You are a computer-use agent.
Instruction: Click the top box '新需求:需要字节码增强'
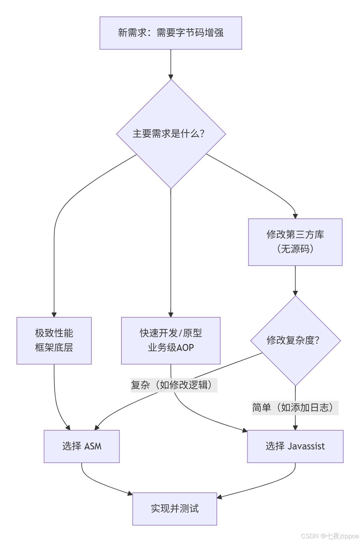(171, 33)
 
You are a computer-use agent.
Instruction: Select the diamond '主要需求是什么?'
(171, 134)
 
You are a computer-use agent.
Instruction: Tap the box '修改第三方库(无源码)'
(295, 242)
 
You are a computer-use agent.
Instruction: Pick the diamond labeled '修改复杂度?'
(295, 340)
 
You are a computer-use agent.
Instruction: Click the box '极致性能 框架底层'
(54, 340)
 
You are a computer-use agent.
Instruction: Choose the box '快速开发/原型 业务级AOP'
(171, 340)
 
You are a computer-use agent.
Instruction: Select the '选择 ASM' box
(82, 446)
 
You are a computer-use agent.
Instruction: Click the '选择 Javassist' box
(295, 446)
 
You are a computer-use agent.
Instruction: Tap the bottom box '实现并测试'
(175, 509)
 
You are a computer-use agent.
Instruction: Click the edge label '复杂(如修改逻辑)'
(174, 385)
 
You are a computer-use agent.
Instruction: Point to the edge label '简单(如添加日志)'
(295, 408)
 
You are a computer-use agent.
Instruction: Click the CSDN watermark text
(330, 536)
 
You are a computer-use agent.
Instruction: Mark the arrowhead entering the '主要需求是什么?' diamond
(171, 77)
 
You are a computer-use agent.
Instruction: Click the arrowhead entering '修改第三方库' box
(295, 216)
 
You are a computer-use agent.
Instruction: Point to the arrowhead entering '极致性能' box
(54, 315)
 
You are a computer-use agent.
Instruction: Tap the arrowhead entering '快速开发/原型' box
(171, 315)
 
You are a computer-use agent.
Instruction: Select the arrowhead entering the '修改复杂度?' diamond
(295, 293)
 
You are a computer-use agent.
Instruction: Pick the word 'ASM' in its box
(93, 446)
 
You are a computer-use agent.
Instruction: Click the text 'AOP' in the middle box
(185, 348)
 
